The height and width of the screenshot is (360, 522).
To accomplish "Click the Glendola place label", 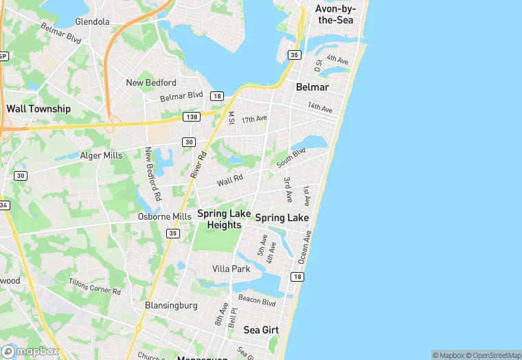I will click(92, 21).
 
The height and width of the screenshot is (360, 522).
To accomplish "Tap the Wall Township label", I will click(38, 109).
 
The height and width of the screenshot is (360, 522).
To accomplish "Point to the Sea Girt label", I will click(261, 330).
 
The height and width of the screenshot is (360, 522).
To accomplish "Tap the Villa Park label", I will click(231, 269).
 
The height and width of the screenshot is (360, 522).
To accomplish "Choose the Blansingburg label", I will click(172, 304).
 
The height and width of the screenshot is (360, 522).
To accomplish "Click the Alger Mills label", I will click(101, 156).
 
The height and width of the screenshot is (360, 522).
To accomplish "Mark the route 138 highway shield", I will click(192, 117).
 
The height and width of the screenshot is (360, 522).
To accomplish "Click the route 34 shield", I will click(3, 205).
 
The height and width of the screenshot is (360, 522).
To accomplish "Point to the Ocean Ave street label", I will click(305, 247).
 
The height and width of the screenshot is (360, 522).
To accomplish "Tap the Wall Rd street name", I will click(230, 180).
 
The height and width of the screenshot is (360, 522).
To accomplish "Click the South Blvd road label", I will click(291, 159).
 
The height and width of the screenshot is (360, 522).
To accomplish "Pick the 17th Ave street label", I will click(253, 120).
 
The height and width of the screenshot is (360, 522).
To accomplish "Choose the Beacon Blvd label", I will click(257, 300).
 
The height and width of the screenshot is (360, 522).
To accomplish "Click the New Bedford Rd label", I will click(152, 174).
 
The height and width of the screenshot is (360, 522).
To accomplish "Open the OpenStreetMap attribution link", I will click(493, 355).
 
